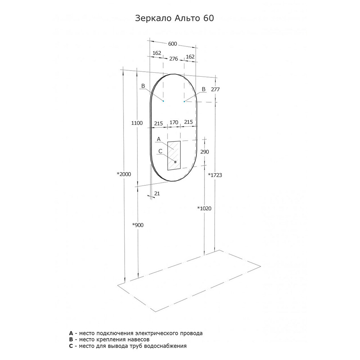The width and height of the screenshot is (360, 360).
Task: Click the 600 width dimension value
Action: pyautogui.click(x=172, y=44)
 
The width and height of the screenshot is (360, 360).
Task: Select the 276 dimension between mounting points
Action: pyautogui.click(x=174, y=59)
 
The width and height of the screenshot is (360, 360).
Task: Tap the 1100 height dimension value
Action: pyautogui.click(x=137, y=123)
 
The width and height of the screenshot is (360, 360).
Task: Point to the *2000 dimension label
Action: pyautogui.click(x=124, y=174)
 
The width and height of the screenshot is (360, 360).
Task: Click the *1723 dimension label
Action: pyautogui.click(x=215, y=175)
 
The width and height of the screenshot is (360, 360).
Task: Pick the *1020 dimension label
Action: pyautogui.click(x=204, y=208)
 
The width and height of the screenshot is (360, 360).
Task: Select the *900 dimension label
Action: pyautogui.click(x=138, y=225)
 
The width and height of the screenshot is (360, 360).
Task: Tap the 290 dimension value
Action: pyautogui.click(x=204, y=152)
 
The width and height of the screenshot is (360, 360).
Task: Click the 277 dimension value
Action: pyautogui.click(x=215, y=89)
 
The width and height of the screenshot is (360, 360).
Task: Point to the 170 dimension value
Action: pyautogui.click(x=174, y=122)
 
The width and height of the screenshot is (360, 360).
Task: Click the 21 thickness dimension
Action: pyautogui.click(x=157, y=194)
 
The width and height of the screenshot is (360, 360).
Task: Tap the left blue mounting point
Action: pyautogui.click(x=163, y=101)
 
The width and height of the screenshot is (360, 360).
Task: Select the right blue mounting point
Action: pyautogui.click(x=184, y=101)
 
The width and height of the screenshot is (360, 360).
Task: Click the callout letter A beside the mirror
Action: pyautogui.click(x=159, y=139)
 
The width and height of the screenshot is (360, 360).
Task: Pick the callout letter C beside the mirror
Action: pyautogui.click(x=160, y=151)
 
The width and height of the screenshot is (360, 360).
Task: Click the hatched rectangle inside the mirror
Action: pyautogui.click(x=174, y=156)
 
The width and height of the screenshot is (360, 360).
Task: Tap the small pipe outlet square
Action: pyautogui.click(x=175, y=162)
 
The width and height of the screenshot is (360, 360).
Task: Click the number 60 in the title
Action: pyautogui.click(x=208, y=18)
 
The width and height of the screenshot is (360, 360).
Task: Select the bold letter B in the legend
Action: pyautogui.click(x=71, y=339)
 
